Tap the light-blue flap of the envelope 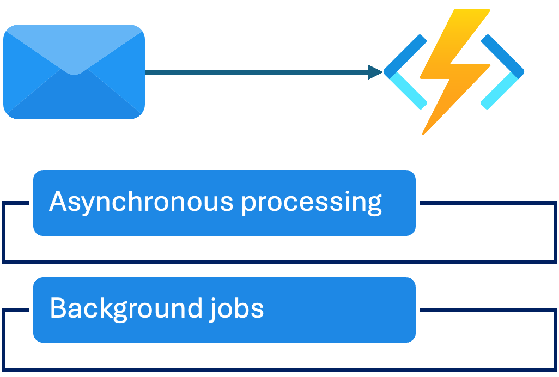(74, 49)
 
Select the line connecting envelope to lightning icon (256, 72)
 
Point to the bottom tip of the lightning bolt (424, 132)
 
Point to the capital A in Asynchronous (58, 202)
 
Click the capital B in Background (58, 308)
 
